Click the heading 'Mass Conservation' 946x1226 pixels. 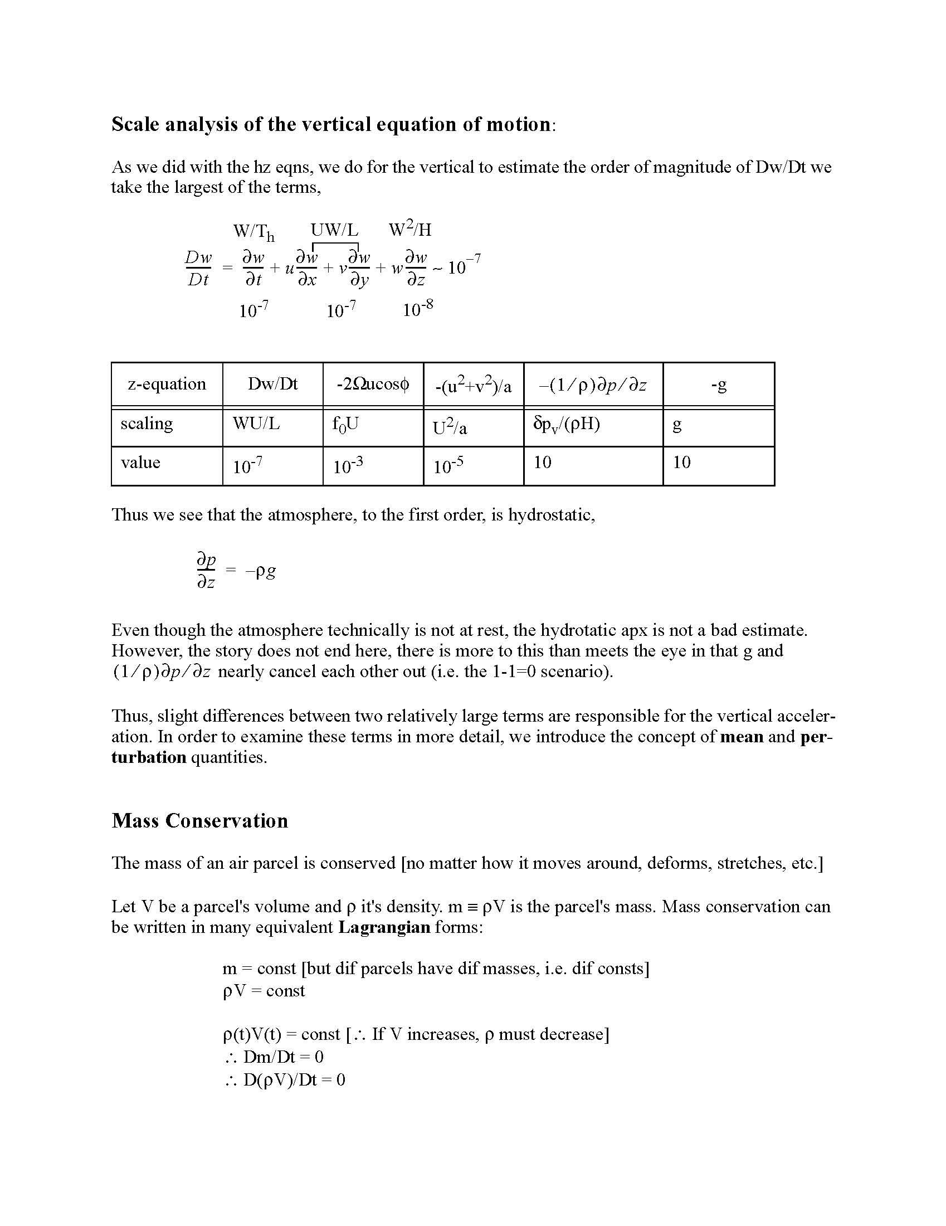coord(199,821)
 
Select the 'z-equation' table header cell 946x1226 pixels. coord(167,384)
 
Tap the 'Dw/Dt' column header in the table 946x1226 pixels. coord(272,384)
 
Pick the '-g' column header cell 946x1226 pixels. coord(718,385)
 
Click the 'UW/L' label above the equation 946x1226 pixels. coord(334,230)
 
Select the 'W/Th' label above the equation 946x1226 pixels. coord(253,231)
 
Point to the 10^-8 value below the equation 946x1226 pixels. coord(417,309)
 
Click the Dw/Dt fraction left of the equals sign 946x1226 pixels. coord(199,269)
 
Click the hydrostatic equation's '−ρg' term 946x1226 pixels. coord(260,571)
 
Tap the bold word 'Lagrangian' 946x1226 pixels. coord(384,927)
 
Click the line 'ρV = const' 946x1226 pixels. coord(264,991)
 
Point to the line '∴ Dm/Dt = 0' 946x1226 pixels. coord(274,1057)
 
